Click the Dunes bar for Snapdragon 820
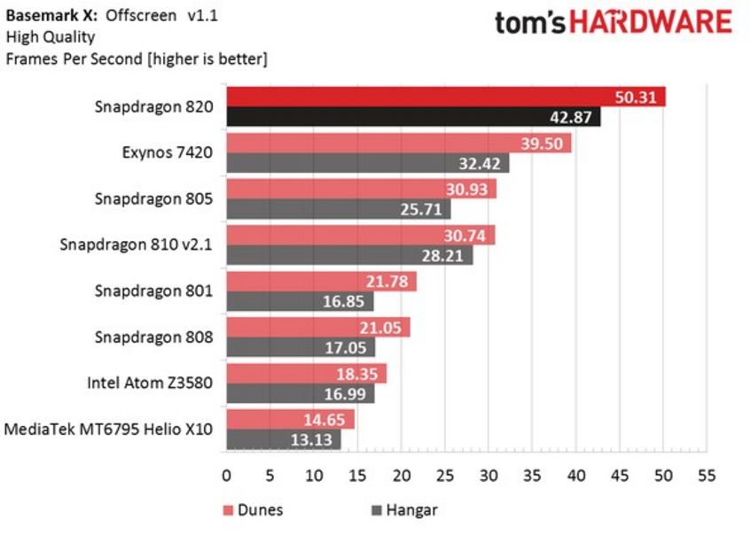point(443,96)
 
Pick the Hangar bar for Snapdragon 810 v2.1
point(349,255)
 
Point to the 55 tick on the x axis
point(707,476)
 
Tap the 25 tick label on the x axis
point(445,476)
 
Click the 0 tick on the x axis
point(227,476)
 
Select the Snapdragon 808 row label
point(153,337)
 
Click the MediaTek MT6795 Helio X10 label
point(109,430)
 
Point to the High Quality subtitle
point(50,37)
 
